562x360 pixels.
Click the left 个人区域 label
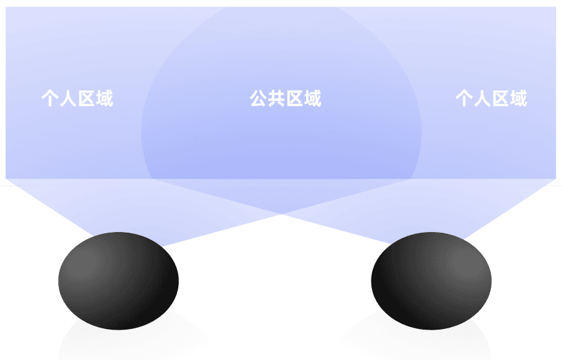click(77, 99)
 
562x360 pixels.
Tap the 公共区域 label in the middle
click(286, 99)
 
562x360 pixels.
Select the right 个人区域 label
click(491, 99)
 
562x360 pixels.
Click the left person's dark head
click(118, 281)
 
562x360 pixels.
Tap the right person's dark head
click(431, 281)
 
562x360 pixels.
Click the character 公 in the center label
click(258, 99)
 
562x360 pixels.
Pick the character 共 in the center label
click(276, 99)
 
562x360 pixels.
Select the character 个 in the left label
click(50, 99)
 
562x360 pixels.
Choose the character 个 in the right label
click(464, 99)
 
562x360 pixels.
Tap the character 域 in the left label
click(104, 99)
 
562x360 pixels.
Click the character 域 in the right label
click(518, 99)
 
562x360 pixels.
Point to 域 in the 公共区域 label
click(313, 99)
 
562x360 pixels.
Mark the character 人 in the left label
click(68, 99)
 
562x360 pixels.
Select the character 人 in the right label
click(482, 99)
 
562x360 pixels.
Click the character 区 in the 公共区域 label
click(295, 99)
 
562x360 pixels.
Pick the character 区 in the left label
click(86, 99)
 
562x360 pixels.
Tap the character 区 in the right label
click(500, 99)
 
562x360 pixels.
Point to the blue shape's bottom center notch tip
click(281, 214)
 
